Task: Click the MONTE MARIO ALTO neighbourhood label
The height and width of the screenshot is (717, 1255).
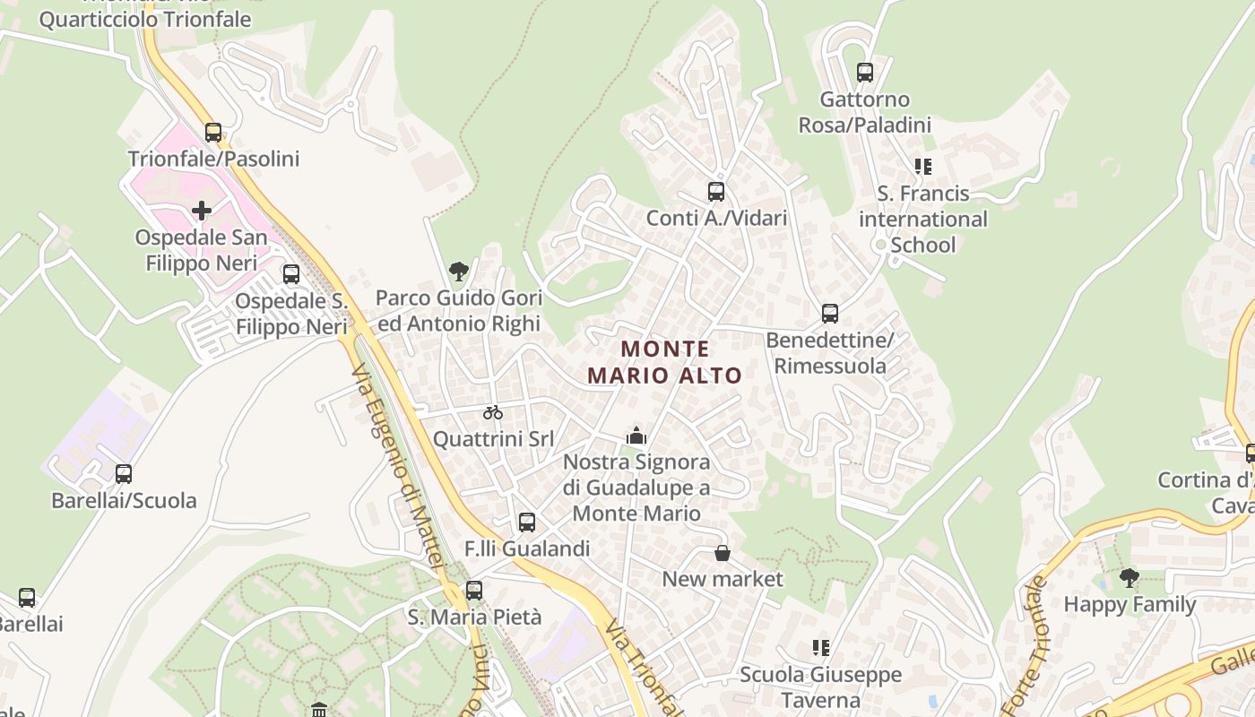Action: coord(665,361)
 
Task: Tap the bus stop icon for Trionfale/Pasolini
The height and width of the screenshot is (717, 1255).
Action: coord(213,133)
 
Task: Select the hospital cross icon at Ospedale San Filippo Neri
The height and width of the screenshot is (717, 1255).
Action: coord(202,212)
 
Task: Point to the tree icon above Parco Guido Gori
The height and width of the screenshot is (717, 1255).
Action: coord(459,271)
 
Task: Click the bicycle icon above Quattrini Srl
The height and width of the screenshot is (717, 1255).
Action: coord(493,412)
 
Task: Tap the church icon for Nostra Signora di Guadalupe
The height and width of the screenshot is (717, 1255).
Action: coord(636,436)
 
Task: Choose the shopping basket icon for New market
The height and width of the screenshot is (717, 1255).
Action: coord(723,553)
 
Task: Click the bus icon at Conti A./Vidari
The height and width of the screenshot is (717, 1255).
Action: coord(716,191)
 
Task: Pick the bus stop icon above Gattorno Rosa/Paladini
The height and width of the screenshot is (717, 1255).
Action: coord(865,73)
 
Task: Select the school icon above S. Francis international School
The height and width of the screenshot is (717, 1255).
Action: coord(922,167)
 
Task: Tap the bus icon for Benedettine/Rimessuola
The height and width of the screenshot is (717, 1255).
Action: coord(830,314)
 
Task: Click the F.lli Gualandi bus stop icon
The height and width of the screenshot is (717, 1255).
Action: coord(527,522)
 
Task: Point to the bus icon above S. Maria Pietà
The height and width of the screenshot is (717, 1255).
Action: coord(474,591)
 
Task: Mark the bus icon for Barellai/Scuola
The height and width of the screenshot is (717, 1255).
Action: coord(124,474)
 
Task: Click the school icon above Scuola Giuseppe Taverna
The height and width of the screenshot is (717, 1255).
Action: coord(820,647)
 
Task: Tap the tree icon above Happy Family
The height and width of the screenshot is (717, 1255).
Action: coord(1129,578)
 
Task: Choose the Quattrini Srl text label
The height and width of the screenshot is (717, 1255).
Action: coord(493,439)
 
